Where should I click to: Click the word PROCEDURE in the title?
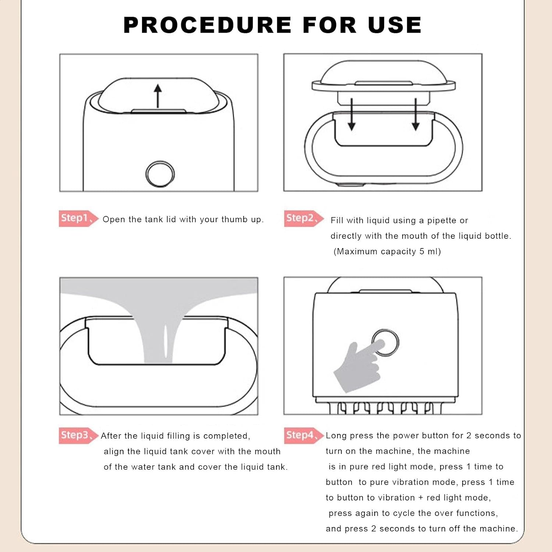[x=208, y=25]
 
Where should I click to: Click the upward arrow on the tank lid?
[x=158, y=96]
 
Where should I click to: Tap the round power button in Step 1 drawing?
[x=160, y=174]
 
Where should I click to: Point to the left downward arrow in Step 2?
[x=352, y=114]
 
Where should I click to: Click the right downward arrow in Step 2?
[x=416, y=114]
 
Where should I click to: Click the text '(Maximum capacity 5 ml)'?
[x=387, y=251]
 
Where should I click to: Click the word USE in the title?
[x=394, y=25]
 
